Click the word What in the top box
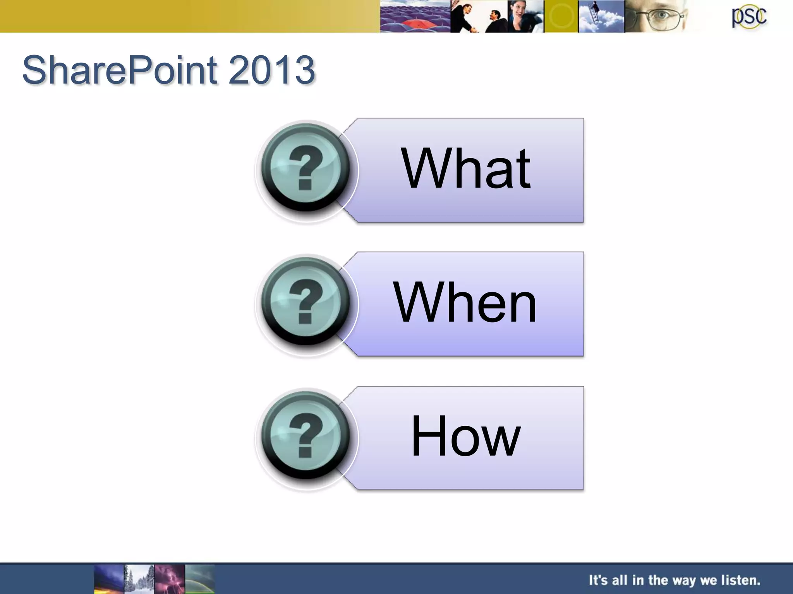466,169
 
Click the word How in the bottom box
465,436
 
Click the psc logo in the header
749,17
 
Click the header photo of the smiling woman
525,16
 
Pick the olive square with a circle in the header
561,16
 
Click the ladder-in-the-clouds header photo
601,16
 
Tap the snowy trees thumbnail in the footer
139,579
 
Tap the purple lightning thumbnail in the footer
170,579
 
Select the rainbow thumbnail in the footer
200,579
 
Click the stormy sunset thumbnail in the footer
109,579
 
